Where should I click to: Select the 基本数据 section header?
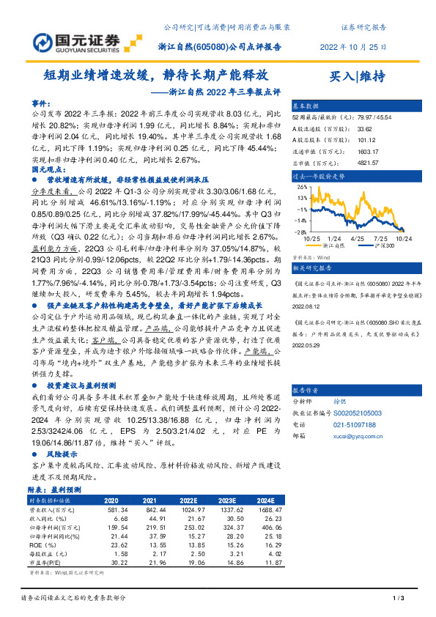coord(307,106)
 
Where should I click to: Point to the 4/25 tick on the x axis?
coord(358,237)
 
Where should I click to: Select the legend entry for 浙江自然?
coord(333,247)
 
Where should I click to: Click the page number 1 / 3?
coord(399,599)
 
